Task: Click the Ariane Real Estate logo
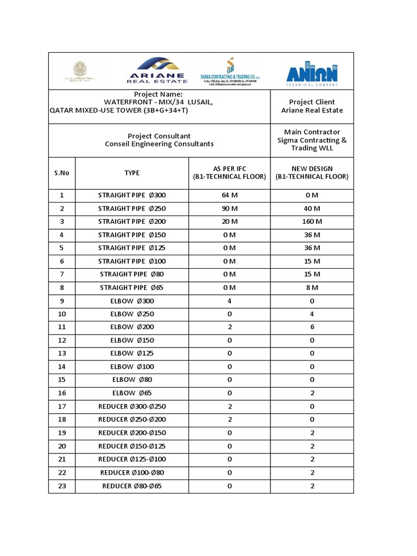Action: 157,71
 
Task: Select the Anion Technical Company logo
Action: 312,72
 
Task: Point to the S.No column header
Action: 62,173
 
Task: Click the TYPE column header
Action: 132,173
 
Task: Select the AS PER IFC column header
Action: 229,173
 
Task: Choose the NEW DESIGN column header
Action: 312,173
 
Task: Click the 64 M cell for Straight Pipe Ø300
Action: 230,195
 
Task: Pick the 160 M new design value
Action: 312,222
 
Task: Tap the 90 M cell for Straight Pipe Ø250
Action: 230,208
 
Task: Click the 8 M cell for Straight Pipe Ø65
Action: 312,287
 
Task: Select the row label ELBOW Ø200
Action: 132,327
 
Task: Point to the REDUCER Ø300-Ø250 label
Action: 132,406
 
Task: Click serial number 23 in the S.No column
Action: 62,485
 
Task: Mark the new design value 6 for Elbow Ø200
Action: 312,327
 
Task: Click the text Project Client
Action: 312,102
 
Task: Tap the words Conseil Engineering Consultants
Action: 159,144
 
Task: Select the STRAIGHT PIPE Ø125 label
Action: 132,248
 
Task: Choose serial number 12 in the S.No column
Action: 62,340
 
